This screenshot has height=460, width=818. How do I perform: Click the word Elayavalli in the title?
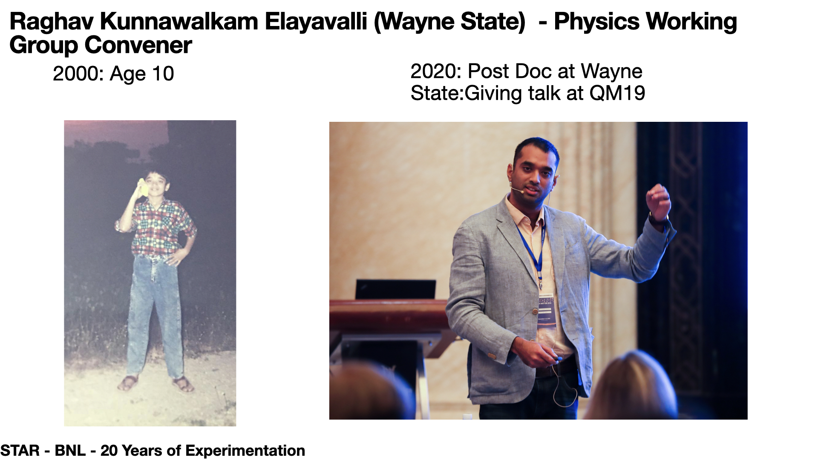(x=316, y=22)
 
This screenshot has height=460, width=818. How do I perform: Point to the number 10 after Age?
(x=163, y=74)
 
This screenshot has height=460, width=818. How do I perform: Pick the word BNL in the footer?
(x=70, y=451)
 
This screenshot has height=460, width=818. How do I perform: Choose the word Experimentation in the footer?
(x=245, y=451)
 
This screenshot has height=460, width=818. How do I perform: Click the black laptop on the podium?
(x=395, y=290)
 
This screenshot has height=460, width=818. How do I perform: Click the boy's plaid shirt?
(x=158, y=227)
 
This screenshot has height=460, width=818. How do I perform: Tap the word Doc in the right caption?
(x=536, y=71)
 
